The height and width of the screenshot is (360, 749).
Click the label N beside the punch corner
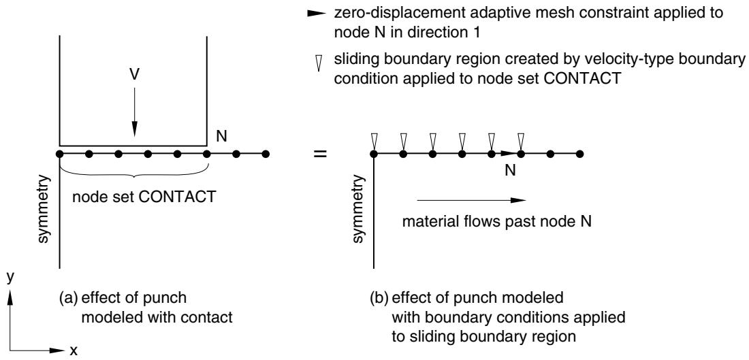pos(222,137)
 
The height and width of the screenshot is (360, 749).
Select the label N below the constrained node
pos(511,171)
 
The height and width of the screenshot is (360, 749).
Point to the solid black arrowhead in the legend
pos(316,14)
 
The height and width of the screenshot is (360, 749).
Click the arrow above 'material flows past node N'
pos(471,201)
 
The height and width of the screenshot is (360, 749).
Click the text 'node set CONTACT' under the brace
pos(143,197)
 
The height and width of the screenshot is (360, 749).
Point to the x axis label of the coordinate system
pos(74,351)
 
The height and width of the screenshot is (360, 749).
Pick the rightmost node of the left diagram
pos(266,154)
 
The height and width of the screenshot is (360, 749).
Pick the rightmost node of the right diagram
pos(579,154)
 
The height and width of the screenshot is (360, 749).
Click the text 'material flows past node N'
pos(497,223)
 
